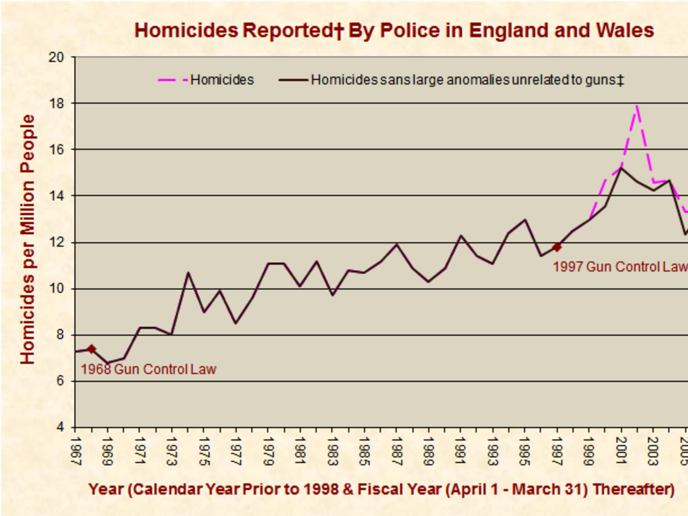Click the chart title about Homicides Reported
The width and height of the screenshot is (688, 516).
[x=394, y=31]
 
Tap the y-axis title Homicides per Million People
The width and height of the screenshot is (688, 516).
[x=27, y=239]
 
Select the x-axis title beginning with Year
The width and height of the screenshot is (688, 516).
[x=381, y=489]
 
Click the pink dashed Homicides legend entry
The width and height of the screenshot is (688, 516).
[x=206, y=80]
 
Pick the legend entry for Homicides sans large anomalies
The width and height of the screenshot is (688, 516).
[x=451, y=80]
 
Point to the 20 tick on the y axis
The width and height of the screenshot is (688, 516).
[x=56, y=57]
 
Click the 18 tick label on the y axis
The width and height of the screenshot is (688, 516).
[x=56, y=103]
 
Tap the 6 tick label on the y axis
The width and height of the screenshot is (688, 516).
[x=59, y=381]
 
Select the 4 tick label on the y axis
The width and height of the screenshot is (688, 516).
[x=59, y=427]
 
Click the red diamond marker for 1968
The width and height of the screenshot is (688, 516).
[x=91, y=349]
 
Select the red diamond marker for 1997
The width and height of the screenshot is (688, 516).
[x=557, y=247]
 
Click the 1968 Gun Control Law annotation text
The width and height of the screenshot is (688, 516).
[x=148, y=369]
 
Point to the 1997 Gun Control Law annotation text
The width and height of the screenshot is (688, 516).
[x=620, y=267]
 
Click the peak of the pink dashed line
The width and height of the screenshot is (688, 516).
[x=637, y=106]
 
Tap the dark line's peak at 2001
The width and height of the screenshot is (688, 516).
[x=621, y=168]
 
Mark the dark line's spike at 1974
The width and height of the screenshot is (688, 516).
[x=188, y=273]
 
